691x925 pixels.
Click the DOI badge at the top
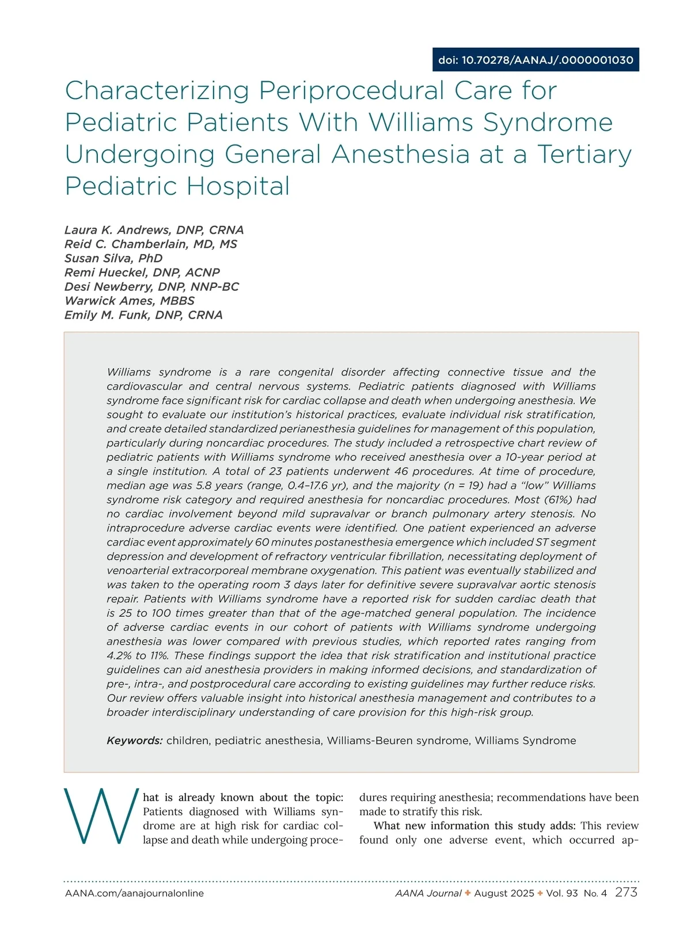[x=536, y=60]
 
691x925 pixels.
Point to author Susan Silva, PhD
[x=113, y=258]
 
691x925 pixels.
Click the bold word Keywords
[x=134, y=741]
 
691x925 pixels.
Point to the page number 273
[x=626, y=893]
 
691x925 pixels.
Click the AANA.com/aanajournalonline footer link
[x=134, y=893]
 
